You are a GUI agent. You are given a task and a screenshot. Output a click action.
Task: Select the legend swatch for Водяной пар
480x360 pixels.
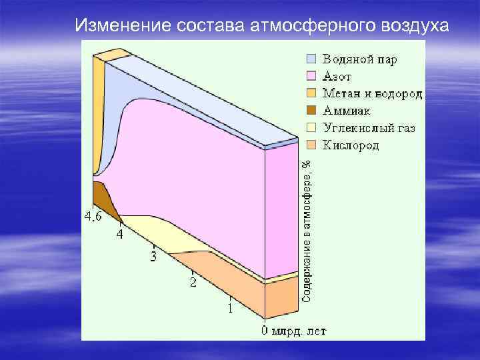pos(312,59)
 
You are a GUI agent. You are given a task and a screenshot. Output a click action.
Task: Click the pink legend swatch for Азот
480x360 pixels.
pos(312,76)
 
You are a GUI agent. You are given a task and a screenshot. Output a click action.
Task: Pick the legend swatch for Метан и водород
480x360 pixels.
pos(312,93)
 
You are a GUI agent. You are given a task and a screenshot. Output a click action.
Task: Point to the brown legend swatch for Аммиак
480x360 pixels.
pos(312,111)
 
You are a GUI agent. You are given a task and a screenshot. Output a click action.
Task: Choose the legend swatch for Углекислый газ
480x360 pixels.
pos(312,128)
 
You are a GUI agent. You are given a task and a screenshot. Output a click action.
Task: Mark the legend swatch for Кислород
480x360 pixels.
pos(312,145)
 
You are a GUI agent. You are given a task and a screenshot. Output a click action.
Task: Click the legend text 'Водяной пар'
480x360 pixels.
pos(360,59)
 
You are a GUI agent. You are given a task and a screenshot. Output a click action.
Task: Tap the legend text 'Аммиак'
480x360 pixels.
pos(347,111)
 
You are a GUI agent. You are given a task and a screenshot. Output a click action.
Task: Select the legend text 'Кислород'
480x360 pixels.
pos(351,145)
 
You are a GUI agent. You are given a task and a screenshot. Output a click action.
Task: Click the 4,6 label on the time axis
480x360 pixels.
pos(93,217)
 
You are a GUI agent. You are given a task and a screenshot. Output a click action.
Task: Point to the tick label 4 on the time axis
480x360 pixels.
pos(120,235)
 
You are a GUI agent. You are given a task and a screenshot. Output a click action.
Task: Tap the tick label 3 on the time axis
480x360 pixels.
pos(153,257)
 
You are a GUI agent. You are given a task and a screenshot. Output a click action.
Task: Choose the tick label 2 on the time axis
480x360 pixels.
pos(193,283)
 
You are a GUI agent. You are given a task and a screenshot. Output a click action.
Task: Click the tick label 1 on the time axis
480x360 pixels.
pos(230,309)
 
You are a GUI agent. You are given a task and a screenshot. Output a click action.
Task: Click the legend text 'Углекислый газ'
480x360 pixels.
pos(369,128)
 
